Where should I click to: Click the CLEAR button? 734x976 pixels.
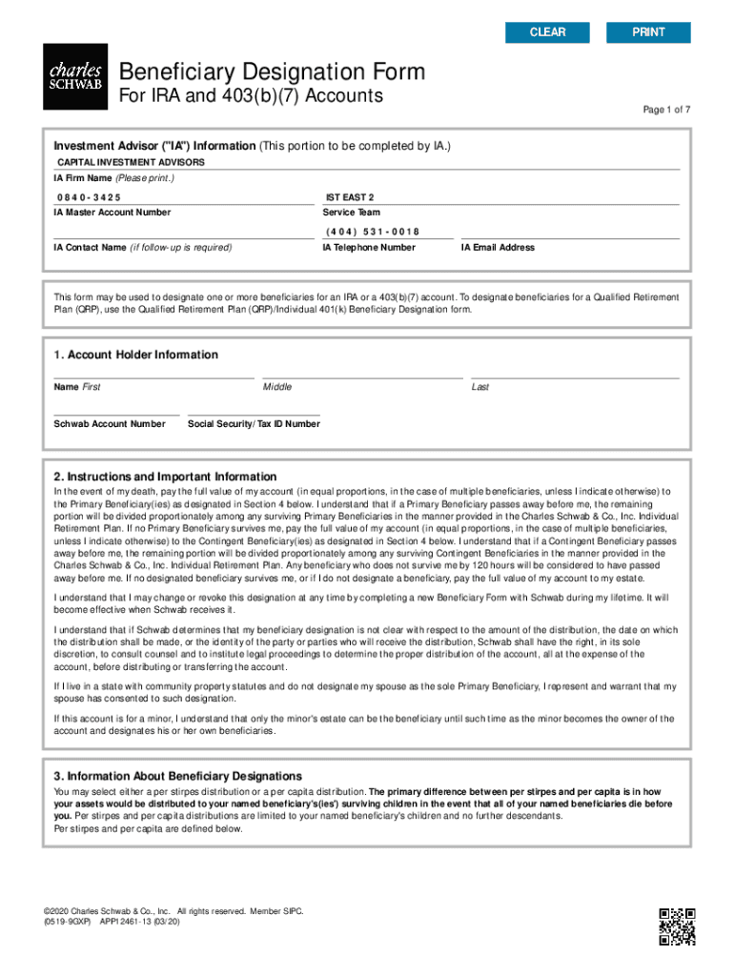(x=547, y=32)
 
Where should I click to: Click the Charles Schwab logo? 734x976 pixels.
(x=74, y=76)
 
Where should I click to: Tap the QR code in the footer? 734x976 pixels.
(x=677, y=926)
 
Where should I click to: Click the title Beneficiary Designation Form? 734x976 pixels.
(x=271, y=72)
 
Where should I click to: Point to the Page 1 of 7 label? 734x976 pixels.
(x=665, y=110)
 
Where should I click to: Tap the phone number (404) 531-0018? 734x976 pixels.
(x=373, y=232)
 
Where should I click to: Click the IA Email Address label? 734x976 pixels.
(x=498, y=248)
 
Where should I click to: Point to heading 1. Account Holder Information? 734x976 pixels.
(x=136, y=355)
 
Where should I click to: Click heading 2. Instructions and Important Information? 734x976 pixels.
(x=165, y=477)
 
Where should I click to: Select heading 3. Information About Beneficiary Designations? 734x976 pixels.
(x=177, y=776)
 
